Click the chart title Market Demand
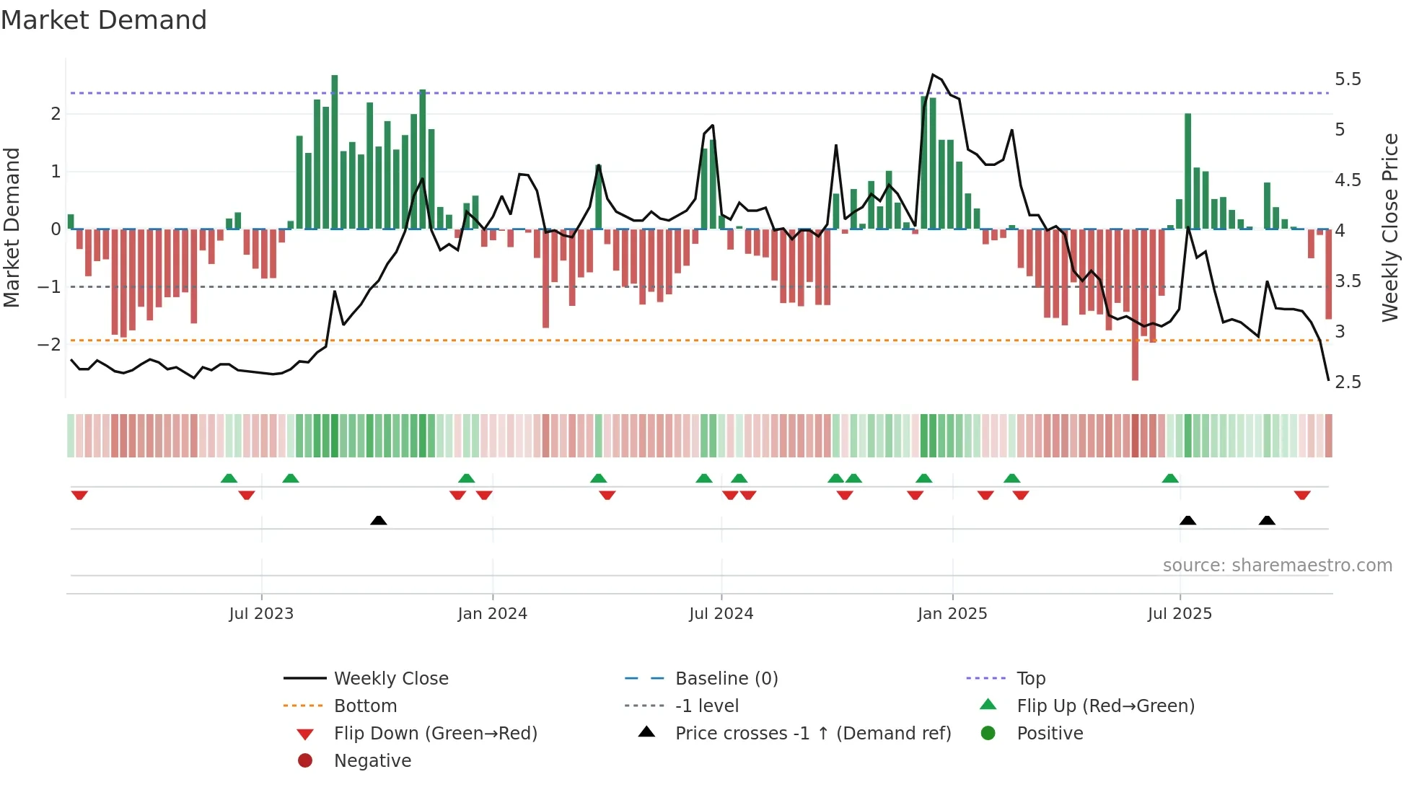104,20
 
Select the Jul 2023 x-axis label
261,613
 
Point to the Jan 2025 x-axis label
952,613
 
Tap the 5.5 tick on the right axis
1348,79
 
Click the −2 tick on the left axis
50,344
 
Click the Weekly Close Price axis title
1390,227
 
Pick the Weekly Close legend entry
390,678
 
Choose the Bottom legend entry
365,706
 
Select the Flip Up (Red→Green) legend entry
1105,706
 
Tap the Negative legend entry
372,760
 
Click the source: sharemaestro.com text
1277,565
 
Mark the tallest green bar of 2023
335,151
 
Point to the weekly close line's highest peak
933,75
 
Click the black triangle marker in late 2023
378,520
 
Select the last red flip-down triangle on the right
1302,495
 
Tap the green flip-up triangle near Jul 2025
1170,478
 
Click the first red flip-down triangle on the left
79,495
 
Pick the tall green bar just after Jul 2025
1187,171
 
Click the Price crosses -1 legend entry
812,733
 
